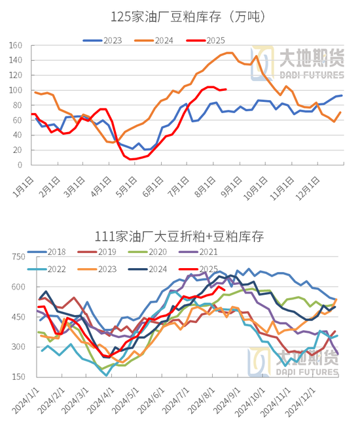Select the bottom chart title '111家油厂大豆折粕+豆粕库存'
tap(180, 236)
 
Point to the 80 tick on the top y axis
tap(18, 105)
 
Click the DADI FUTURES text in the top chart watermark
tap(308, 75)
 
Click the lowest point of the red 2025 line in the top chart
tap(132, 159)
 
